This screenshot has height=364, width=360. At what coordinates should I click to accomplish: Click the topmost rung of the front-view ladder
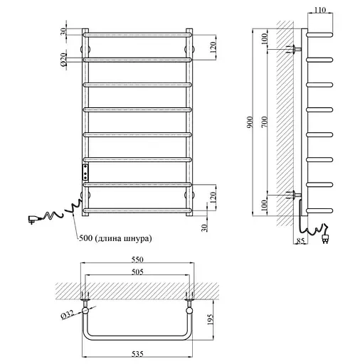click(x=137, y=33)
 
